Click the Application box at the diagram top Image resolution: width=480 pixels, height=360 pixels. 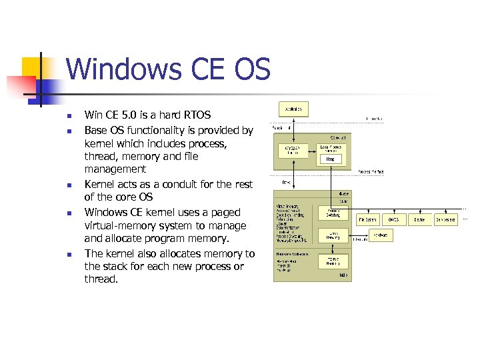pos(293,108)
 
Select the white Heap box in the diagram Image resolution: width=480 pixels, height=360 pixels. pos(331,159)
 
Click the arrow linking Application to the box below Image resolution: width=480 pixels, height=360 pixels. pos(293,127)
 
